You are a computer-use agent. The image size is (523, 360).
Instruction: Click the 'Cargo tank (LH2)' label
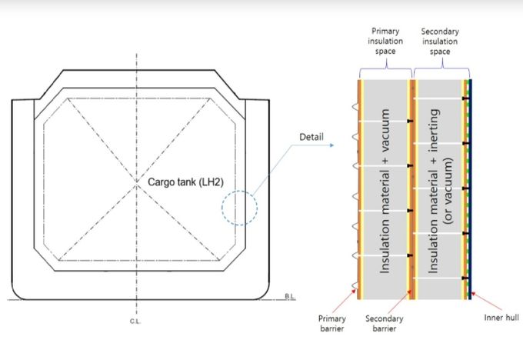pos(185,182)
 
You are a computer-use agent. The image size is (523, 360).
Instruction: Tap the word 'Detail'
pos(311,137)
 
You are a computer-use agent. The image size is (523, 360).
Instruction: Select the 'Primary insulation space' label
pos(385,41)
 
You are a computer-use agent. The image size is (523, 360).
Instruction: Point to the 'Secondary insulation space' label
pos(440,42)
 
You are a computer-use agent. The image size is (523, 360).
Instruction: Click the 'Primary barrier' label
pos(332,323)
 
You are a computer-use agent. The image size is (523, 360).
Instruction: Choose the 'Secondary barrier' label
pos(385,323)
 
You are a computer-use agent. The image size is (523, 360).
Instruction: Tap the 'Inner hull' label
pos(501,317)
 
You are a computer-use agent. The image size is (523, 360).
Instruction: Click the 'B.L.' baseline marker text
pos(290,296)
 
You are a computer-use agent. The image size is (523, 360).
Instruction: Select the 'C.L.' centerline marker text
pos(135,322)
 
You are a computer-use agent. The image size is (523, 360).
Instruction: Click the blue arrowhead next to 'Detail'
pos(331,145)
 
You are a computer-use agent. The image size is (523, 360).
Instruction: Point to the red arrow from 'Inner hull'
pos(487,302)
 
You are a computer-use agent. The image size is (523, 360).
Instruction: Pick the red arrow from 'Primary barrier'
pos(345,302)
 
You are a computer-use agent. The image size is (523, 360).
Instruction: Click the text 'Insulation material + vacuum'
pos(385,191)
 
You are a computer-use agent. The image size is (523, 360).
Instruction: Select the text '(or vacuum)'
pos(448,191)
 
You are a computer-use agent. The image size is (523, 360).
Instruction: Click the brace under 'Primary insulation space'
pos(386,68)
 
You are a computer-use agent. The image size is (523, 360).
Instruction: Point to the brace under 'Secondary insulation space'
pos(442,68)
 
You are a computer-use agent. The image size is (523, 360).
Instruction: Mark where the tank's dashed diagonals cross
pos(136,182)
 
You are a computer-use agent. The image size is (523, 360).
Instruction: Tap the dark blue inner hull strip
pos(470,189)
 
